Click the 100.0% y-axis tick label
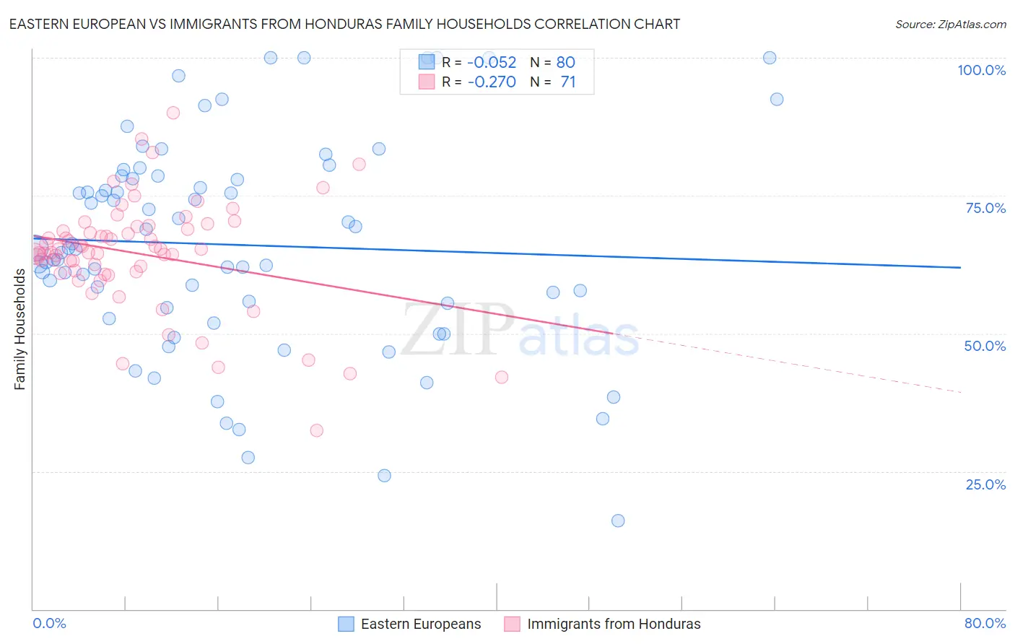(981, 70)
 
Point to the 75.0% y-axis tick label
(985, 208)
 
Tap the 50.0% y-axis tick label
(985, 346)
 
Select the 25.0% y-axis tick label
(985, 484)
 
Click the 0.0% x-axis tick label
(49, 623)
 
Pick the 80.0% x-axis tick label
(985, 623)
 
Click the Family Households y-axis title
(20, 329)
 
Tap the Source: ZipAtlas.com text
(950, 24)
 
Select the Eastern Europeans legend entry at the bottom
(409, 624)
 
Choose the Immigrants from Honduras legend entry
(602, 624)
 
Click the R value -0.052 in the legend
(492, 63)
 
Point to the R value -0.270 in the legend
(492, 82)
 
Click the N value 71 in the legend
(567, 82)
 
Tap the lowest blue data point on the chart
(618, 521)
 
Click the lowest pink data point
(317, 430)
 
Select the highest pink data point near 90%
(173, 113)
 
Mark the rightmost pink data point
(502, 377)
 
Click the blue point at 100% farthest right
(770, 58)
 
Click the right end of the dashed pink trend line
(960, 391)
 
